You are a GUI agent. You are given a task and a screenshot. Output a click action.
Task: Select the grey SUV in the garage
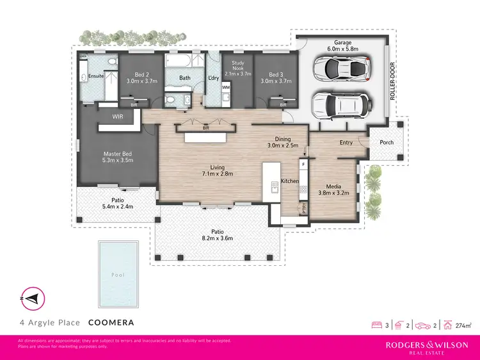339,103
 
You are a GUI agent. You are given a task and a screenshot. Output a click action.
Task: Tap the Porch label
387,142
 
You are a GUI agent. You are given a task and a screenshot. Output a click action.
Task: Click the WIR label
118,117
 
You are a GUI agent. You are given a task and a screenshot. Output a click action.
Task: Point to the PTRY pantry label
304,208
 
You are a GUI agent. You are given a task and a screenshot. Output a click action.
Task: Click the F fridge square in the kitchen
303,165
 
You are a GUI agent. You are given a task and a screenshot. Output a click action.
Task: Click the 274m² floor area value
468,325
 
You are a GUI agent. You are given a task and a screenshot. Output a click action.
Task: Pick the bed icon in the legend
376,325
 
